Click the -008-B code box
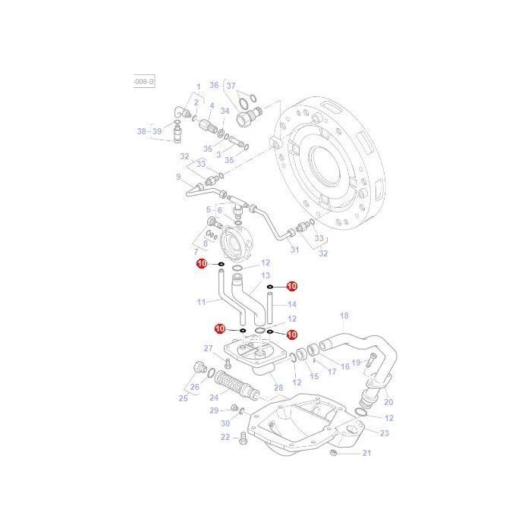144,80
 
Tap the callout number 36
214,85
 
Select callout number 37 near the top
232,85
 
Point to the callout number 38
142,131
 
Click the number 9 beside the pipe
178,178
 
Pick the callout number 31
294,250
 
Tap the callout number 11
201,302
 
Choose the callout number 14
292,304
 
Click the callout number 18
344,316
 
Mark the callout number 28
278,388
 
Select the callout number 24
214,396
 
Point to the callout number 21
366,454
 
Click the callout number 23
385,433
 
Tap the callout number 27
209,348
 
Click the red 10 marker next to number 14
291,286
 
